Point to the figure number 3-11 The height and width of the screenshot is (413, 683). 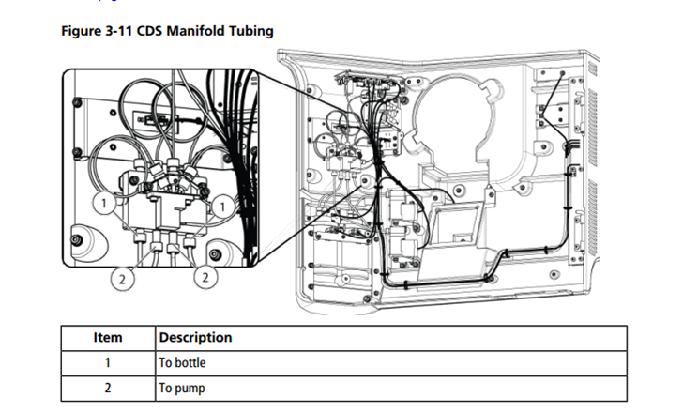(x=124, y=31)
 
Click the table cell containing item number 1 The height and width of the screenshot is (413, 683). (x=108, y=362)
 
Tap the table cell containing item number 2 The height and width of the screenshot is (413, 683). (x=108, y=387)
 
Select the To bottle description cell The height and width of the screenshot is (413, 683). (x=183, y=362)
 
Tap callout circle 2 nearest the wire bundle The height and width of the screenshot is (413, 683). (x=205, y=277)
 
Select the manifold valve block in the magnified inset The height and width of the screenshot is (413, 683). (x=165, y=206)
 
